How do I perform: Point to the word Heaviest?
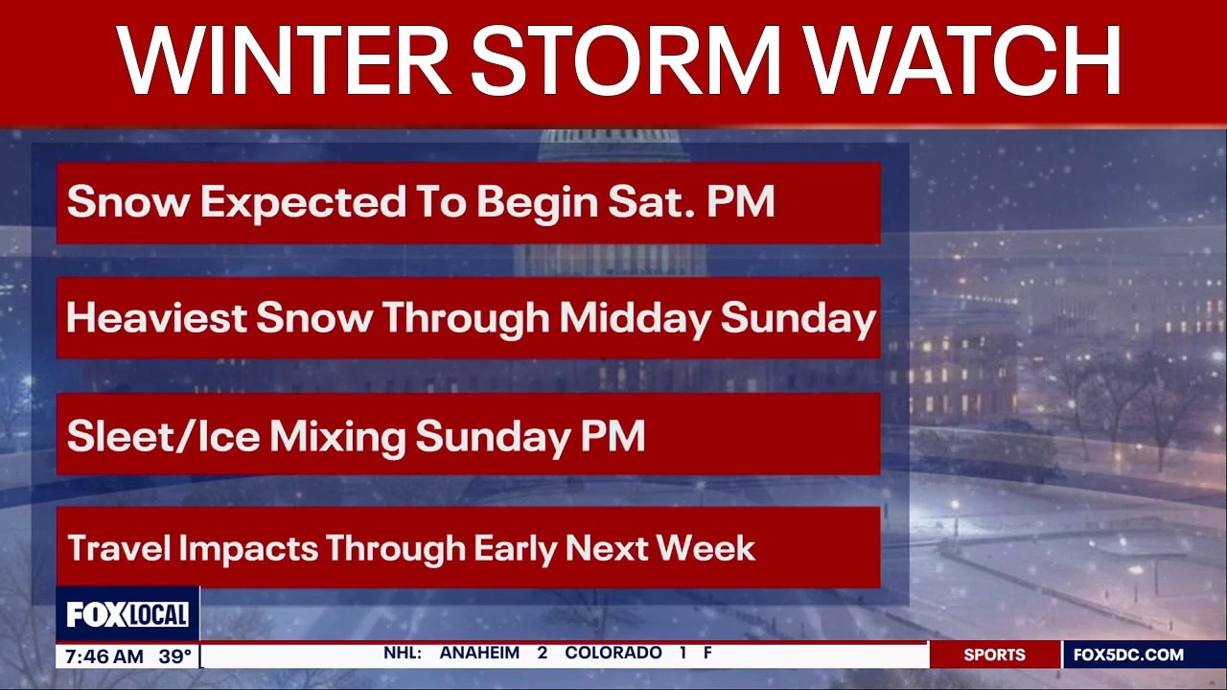pos(156,318)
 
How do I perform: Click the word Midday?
pos(636,318)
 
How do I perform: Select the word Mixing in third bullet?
pos(337,436)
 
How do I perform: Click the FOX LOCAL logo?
pos(127,614)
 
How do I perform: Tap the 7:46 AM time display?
pos(104,657)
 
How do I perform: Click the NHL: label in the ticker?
pos(403,654)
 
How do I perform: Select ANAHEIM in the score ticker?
pos(479,654)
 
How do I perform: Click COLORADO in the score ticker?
pos(613,654)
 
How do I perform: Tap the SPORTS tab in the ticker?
pos(994,655)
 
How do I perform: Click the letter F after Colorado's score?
pos(707,654)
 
